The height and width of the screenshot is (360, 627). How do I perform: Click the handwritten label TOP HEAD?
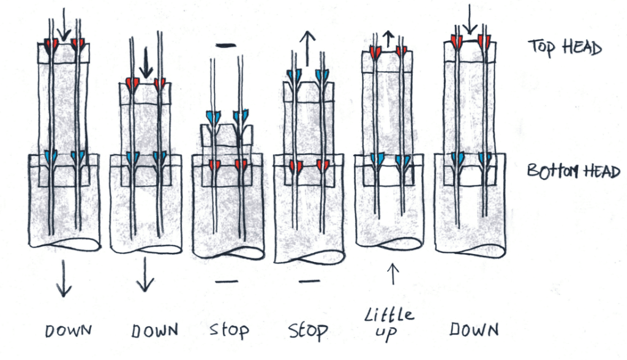coord(565,47)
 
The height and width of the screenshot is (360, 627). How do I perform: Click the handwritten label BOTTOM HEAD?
coord(573,171)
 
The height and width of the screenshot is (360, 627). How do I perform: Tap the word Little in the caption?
coord(389,317)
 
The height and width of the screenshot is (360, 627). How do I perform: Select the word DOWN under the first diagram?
coord(68,331)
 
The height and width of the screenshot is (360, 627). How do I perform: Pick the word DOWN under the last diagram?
coord(473,330)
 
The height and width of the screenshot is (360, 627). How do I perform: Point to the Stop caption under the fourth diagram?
coord(308,331)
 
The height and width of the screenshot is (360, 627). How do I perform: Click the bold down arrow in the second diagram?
coord(145,64)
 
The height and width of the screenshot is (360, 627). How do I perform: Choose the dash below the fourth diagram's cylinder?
coord(309,281)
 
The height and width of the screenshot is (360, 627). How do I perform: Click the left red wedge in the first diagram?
coord(50,44)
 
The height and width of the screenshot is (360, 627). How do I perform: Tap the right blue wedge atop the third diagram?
coord(242,116)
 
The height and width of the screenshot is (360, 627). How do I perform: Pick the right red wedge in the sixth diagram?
coord(484,42)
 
